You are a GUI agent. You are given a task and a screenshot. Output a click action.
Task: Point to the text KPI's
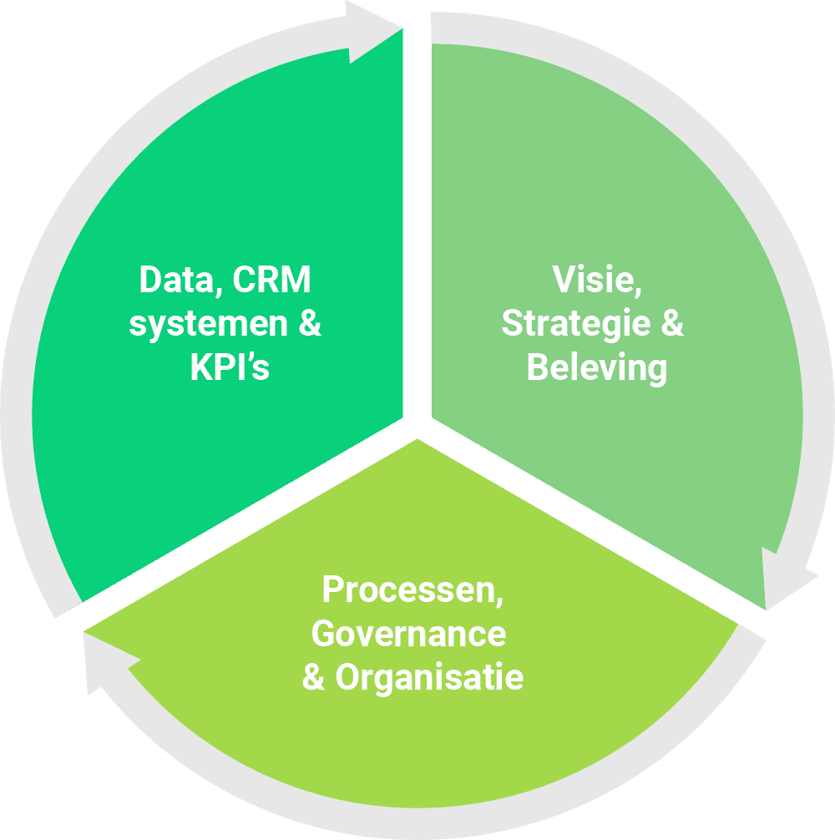tap(230, 367)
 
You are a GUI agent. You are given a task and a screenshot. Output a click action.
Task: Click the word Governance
tap(408, 634)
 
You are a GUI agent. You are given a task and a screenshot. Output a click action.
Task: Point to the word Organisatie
tap(429, 677)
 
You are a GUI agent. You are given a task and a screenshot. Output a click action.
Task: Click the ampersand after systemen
tap(310, 325)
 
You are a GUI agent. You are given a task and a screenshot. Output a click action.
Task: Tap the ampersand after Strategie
tap(671, 324)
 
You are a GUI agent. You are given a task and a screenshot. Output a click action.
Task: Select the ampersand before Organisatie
tap(313, 677)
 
